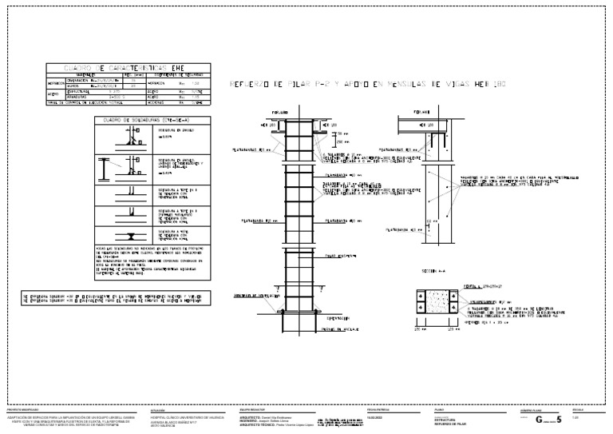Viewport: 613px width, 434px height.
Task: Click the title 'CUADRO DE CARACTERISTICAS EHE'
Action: [129, 70]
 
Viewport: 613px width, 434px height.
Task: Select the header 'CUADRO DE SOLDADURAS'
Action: [152, 119]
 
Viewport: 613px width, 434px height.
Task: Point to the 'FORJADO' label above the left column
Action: [279, 113]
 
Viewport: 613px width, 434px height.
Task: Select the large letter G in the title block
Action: [539, 419]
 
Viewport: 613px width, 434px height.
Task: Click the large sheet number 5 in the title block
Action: [560, 419]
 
